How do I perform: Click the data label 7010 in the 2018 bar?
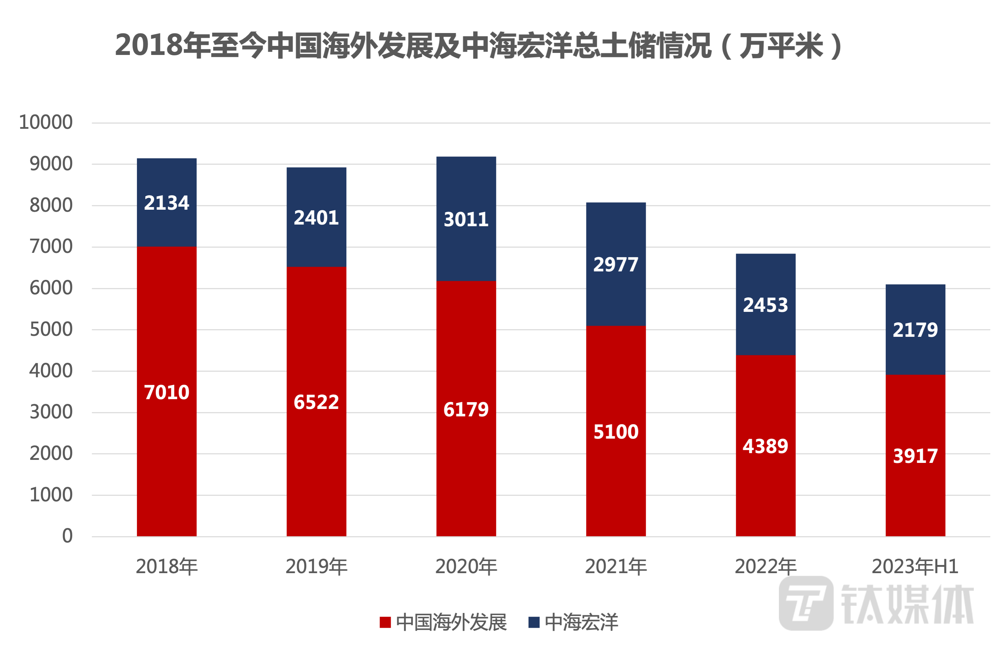coord(167,392)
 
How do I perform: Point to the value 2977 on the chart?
coord(616,264)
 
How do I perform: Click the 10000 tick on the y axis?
coord(46,122)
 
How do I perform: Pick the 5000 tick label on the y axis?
coord(52,330)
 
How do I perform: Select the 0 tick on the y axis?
coord(67,536)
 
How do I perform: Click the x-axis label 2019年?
coord(316,566)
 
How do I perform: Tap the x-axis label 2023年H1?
coord(915,566)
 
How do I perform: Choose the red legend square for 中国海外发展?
coord(385,622)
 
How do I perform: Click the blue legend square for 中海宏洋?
coord(533,622)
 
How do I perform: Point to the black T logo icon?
coord(806,603)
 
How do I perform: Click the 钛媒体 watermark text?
coord(907,604)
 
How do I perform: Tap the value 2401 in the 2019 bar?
coord(316,217)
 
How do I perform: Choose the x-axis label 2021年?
coord(616,566)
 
